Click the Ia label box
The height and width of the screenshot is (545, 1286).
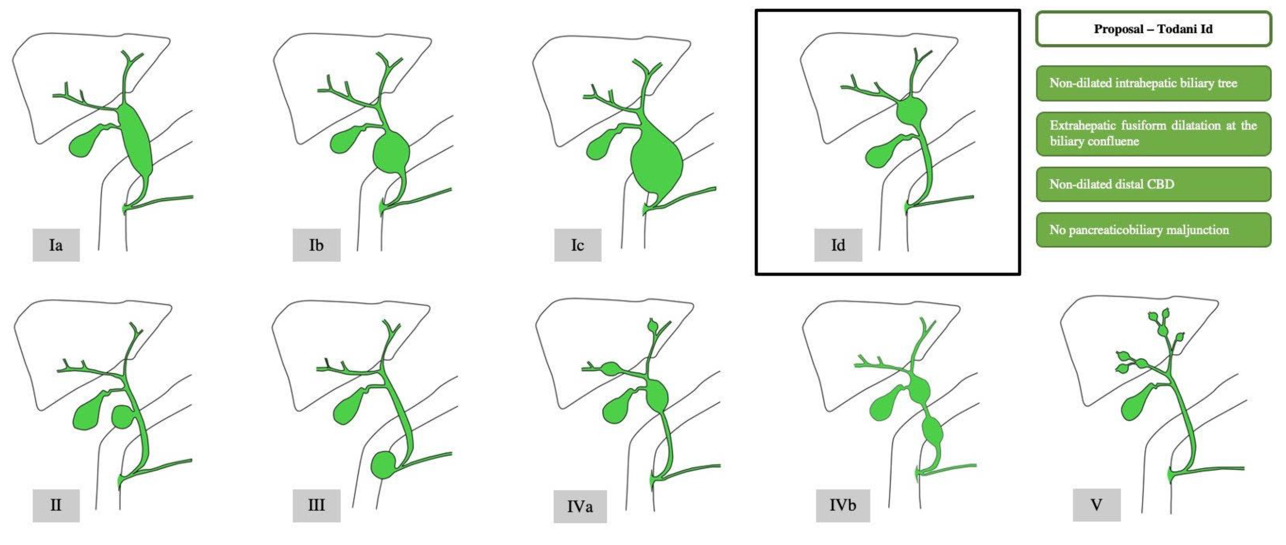point(56,245)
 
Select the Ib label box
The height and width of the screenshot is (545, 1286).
point(317,245)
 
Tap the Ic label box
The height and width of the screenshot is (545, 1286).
point(578,245)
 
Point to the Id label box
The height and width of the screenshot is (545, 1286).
point(838,245)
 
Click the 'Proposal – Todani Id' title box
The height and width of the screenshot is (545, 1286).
point(1153,29)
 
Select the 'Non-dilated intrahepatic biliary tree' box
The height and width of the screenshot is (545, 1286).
point(1153,83)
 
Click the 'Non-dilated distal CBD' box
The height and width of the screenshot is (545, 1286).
point(1153,184)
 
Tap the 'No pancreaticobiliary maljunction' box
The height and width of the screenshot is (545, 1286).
point(1153,230)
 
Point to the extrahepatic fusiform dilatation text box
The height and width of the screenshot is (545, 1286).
point(1153,133)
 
